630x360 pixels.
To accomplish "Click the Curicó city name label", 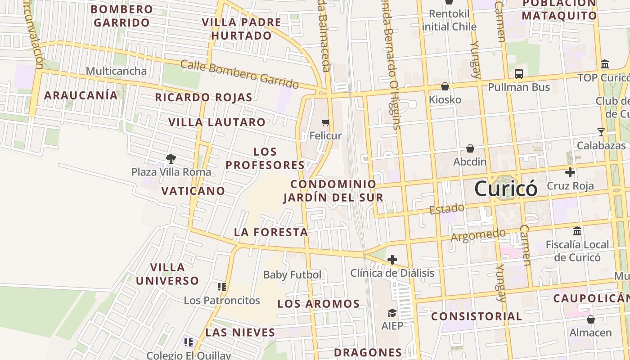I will pyautogui.click(x=506, y=188).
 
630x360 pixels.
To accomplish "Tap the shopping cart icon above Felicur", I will pyautogui.click(x=326, y=122).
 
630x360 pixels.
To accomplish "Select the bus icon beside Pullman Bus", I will pyautogui.click(x=519, y=74).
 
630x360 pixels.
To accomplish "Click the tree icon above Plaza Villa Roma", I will pyautogui.click(x=171, y=158).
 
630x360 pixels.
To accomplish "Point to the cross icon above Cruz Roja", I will pyautogui.click(x=570, y=172).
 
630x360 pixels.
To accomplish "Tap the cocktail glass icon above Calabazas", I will pyautogui.click(x=601, y=132).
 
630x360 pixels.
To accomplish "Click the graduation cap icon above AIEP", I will pyautogui.click(x=392, y=312).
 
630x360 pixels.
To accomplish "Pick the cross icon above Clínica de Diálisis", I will pyautogui.click(x=392, y=260).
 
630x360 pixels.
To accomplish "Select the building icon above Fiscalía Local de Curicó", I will pyautogui.click(x=577, y=231).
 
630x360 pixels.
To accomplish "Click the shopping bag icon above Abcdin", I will pyautogui.click(x=470, y=148).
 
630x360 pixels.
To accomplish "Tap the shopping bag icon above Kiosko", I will pyautogui.click(x=445, y=86).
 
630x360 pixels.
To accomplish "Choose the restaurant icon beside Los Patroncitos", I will pyautogui.click(x=221, y=287).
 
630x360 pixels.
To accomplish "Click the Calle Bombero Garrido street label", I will pyautogui.click(x=239, y=74).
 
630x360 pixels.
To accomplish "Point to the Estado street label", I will pyautogui.click(x=446, y=209).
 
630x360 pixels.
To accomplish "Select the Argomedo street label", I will pyautogui.click(x=478, y=235).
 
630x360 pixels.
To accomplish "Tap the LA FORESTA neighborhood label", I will pyautogui.click(x=271, y=232).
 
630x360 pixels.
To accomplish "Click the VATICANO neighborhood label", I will pyautogui.click(x=193, y=191).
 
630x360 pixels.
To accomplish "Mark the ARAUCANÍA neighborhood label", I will pyautogui.click(x=81, y=95).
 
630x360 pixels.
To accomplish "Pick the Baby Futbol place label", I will pyautogui.click(x=292, y=274).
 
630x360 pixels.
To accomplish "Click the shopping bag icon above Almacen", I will pyautogui.click(x=591, y=319).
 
